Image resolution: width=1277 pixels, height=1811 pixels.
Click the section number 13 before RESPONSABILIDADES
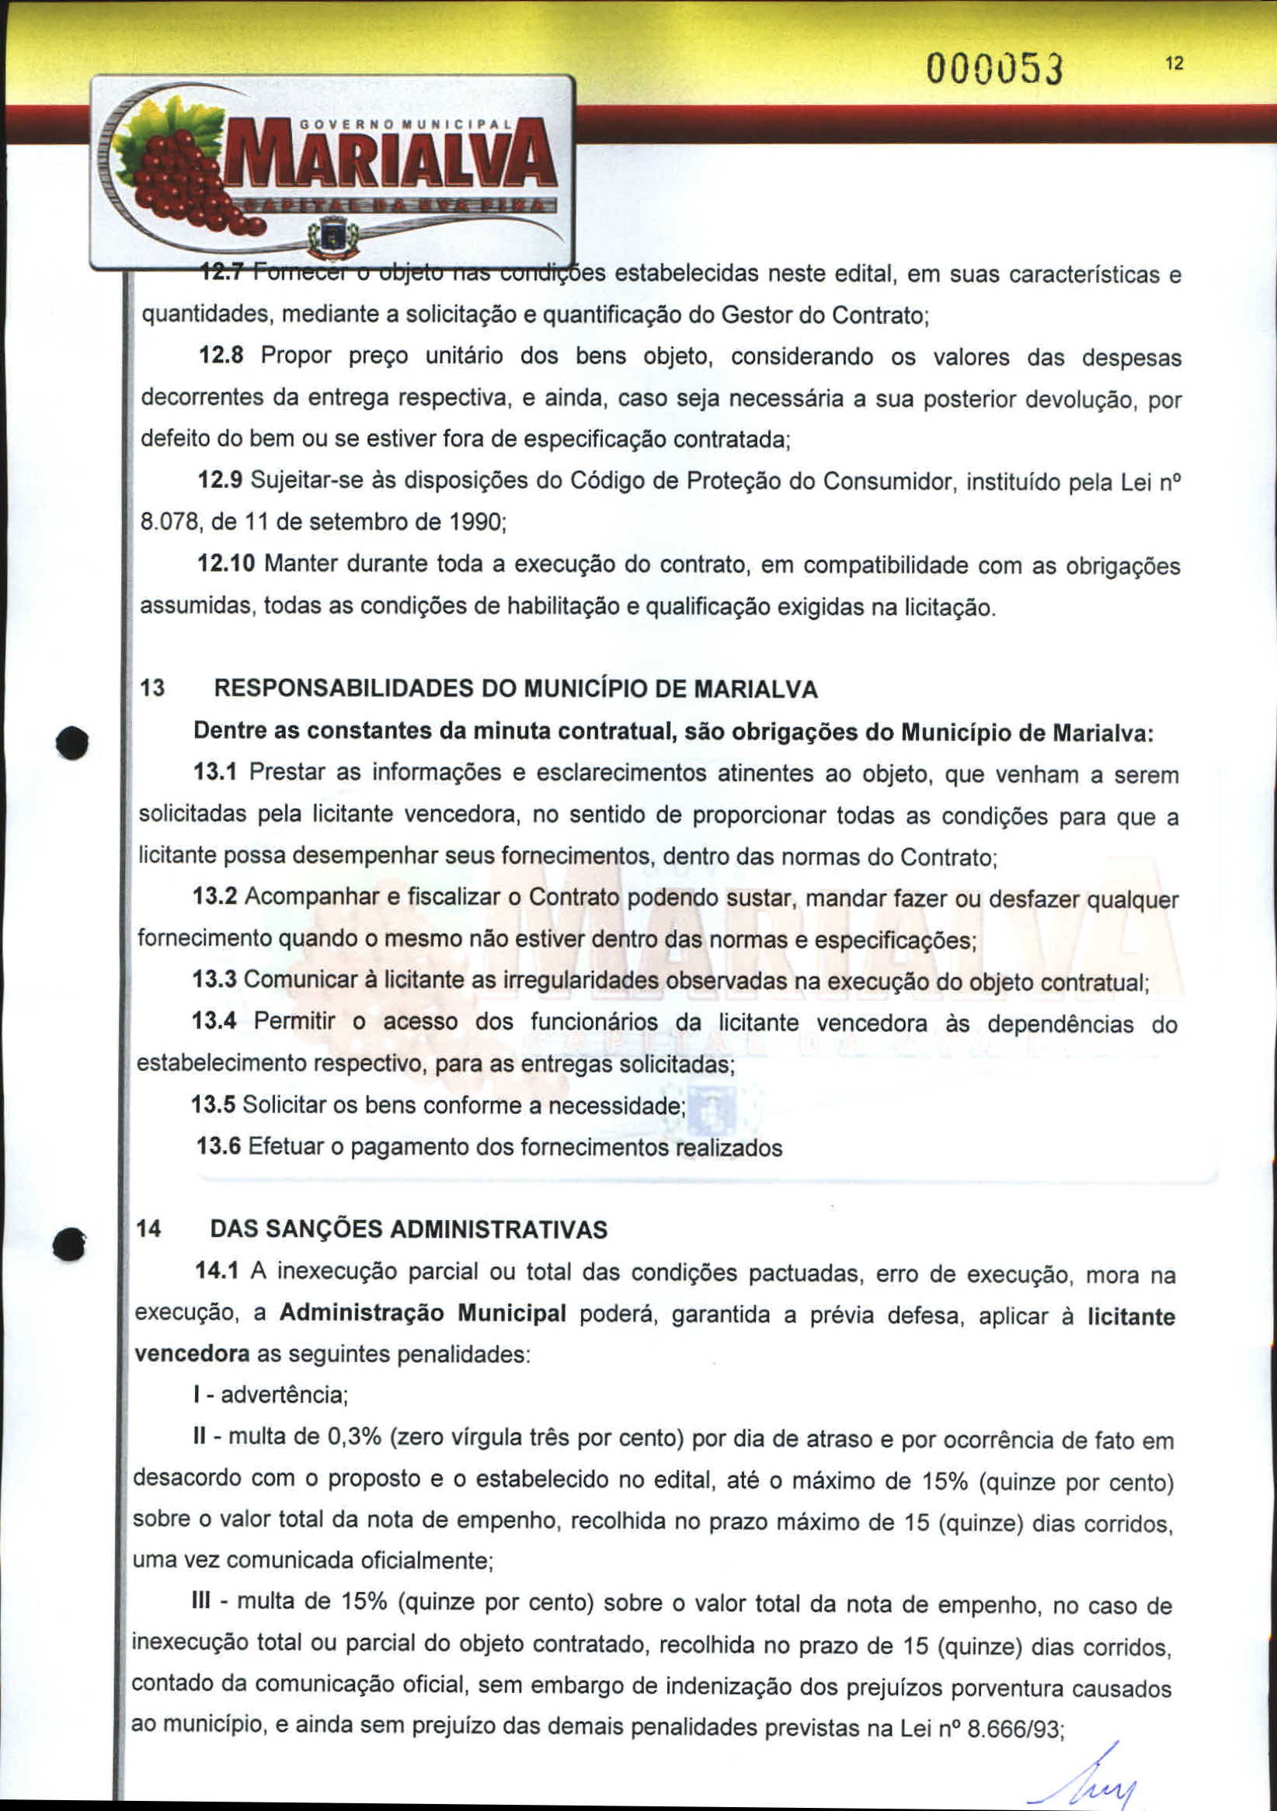pos(151,689)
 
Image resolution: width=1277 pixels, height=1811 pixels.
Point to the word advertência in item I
pos(284,1396)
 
